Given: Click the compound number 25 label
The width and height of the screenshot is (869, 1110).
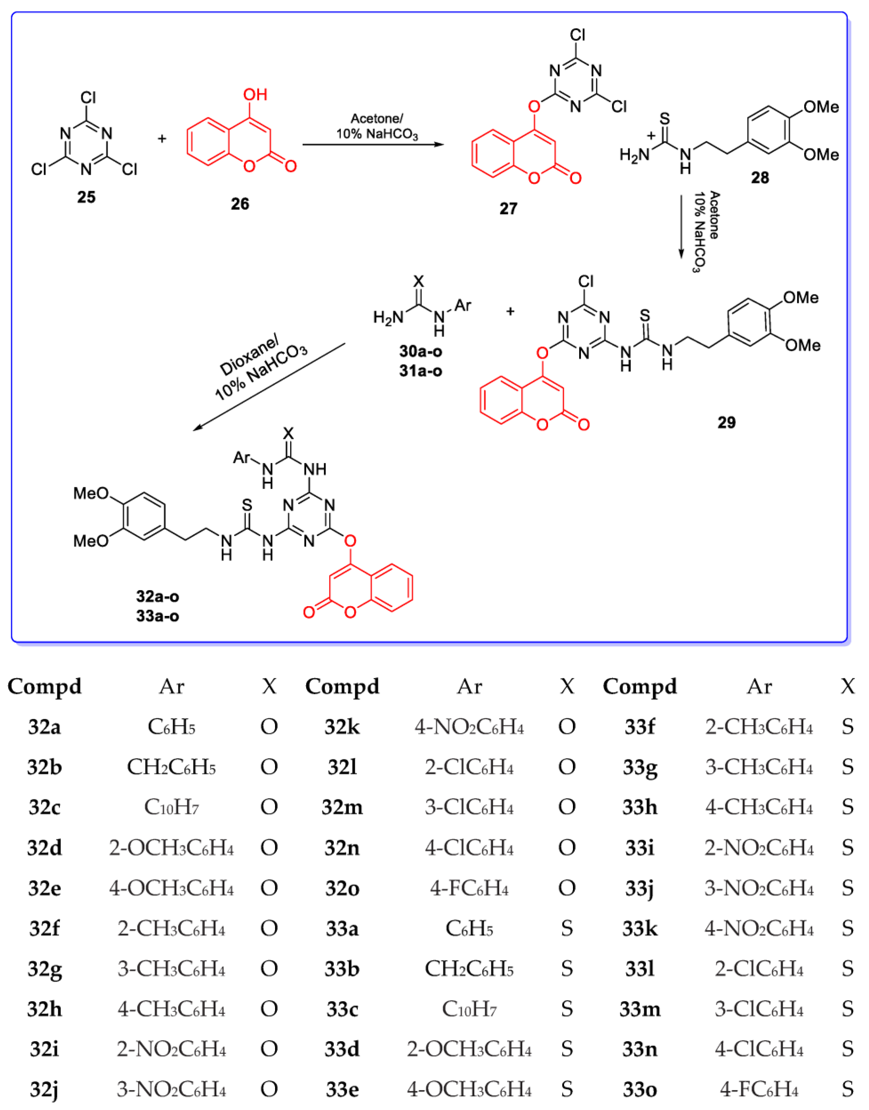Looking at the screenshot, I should click(86, 197).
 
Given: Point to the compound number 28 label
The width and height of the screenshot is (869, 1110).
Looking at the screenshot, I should click(760, 178).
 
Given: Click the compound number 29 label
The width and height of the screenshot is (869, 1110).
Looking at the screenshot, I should click(726, 422).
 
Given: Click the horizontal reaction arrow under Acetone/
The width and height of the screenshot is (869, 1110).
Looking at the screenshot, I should click(373, 145).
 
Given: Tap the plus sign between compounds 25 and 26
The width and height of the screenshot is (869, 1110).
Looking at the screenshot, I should click(162, 138).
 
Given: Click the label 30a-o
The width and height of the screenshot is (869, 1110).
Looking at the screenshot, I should click(420, 351).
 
